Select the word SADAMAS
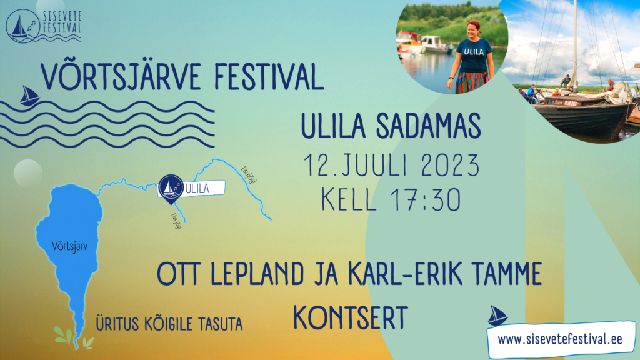pyautogui.click(x=428, y=126)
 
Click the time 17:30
pyautogui.click(x=426, y=199)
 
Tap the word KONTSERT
pyautogui.click(x=350, y=318)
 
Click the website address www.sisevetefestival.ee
pyautogui.click(x=560, y=339)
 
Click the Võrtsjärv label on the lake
pyautogui.click(x=69, y=246)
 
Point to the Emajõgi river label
pyautogui.click(x=249, y=175)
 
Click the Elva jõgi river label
pyautogui.click(x=176, y=221)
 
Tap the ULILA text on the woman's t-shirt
pyautogui.click(x=474, y=52)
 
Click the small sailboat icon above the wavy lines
pyautogui.click(x=29, y=96)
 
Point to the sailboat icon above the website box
pyautogui.click(x=497, y=316)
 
